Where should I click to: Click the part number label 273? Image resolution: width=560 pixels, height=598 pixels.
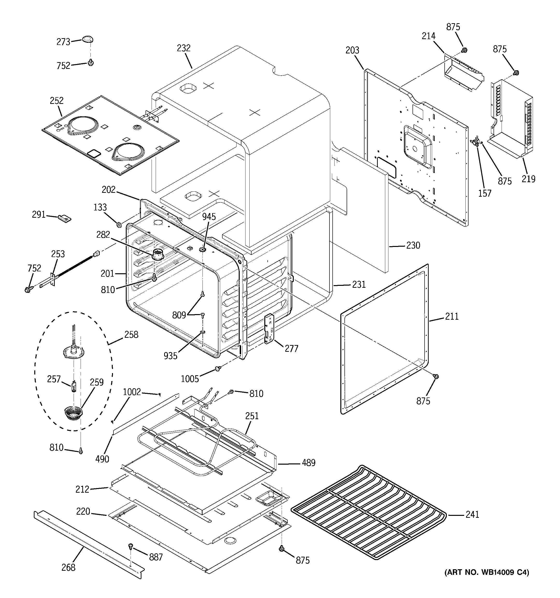(x=63, y=42)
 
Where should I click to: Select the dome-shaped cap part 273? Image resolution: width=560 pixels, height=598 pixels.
(x=87, y=39)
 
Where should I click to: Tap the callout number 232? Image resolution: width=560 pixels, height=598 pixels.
(x=184, y=48)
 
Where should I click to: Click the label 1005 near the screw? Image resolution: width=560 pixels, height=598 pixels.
(x=190, y=379)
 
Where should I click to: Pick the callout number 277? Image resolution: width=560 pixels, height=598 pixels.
(x=291, y=349)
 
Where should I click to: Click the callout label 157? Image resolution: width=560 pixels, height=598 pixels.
(x=484, y=194)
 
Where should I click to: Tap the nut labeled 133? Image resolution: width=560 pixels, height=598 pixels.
(x=119, y=224)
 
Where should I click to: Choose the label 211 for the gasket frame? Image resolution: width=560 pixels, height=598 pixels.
(x=452, y=317)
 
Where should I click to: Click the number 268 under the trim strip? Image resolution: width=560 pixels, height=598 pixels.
(x=68, y=567)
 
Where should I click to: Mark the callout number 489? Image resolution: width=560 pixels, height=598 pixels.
(x=308, y=463)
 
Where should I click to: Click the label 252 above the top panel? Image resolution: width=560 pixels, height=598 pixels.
(x=56, y=101)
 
